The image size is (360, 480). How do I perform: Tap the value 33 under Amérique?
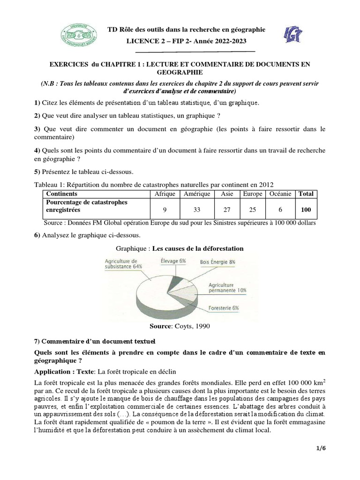pyautogui.click(x=197, y=210)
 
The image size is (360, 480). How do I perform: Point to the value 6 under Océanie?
pyautogui.click(x=280, y=210)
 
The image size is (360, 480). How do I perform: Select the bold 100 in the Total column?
pyautogui.click(x=306, y=210)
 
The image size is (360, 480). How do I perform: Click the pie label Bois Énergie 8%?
pyautogui.click(x=217, y=262)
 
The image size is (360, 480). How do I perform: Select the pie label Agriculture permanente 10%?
pyautogui.click(x=227, y=287)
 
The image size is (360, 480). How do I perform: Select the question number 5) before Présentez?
pyautogui.click(x=37, y=171)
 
